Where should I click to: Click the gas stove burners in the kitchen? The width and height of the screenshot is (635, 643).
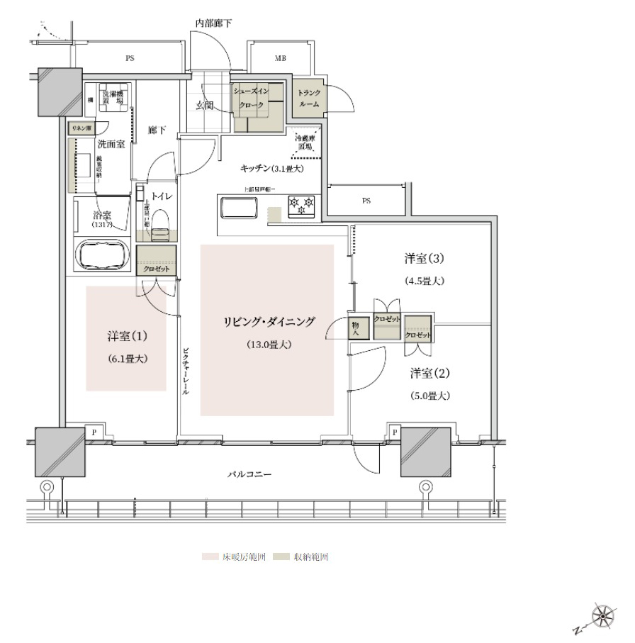(x=301, y=206)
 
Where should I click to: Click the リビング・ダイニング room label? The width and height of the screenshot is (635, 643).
(x=267, y=321)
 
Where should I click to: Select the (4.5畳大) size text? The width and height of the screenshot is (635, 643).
(x=425, y=281)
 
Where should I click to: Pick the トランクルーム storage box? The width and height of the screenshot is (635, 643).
(x=308, y=98)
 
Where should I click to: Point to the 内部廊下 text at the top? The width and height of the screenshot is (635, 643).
(x=213, y=23)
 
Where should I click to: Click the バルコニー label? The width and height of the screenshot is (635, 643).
(x=249, y=474)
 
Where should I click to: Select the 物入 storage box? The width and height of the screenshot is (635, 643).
(x=356, y=328)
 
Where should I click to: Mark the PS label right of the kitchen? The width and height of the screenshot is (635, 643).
(x=366, y=201)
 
